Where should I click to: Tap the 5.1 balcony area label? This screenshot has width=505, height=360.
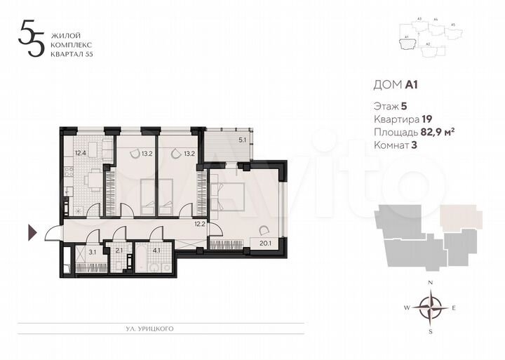click(x=243, y=140)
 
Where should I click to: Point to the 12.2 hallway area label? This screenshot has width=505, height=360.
click(x=199, y=225)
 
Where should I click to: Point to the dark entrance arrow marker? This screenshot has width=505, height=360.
click(x=32, y=232)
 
